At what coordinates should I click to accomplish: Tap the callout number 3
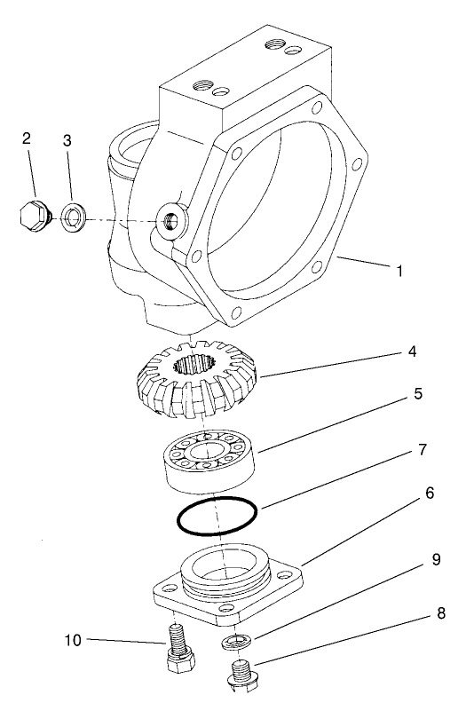67,141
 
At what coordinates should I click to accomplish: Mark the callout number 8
439,613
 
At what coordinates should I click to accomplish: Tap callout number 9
436,560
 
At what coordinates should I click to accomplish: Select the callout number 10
74,639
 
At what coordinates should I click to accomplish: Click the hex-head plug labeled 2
33,216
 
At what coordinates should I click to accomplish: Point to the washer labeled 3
72,216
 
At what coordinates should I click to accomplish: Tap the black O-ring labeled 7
216,516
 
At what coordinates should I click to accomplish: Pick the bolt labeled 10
178,649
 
